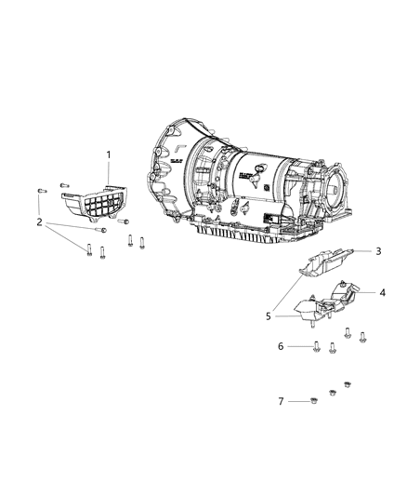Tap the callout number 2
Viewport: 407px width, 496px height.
40,221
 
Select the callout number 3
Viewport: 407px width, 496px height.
379,251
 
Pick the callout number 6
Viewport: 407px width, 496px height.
282,346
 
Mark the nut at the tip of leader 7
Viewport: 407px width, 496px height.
308,402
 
